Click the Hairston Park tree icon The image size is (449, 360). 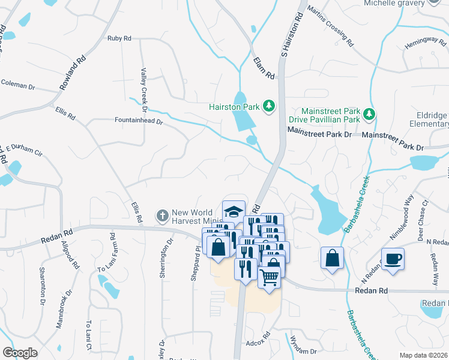click(x=270, y=107)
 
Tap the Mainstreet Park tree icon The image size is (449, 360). click(x=370, y=114)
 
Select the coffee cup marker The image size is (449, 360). click(x=393, y=259)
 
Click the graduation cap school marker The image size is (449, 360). click(x=234, y=211)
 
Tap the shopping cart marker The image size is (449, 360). click(x=270, y=277)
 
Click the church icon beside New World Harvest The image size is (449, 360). click(x=162, y=215)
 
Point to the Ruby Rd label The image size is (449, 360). click(x=119, y=38)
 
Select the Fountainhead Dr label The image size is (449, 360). click(x=139, y=120)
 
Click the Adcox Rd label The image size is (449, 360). click(x=259, y=344)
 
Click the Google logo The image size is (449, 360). click(x=20, y=353)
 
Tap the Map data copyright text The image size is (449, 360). click(x=423, y=355)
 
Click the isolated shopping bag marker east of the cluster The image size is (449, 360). click(x=332, y=259)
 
